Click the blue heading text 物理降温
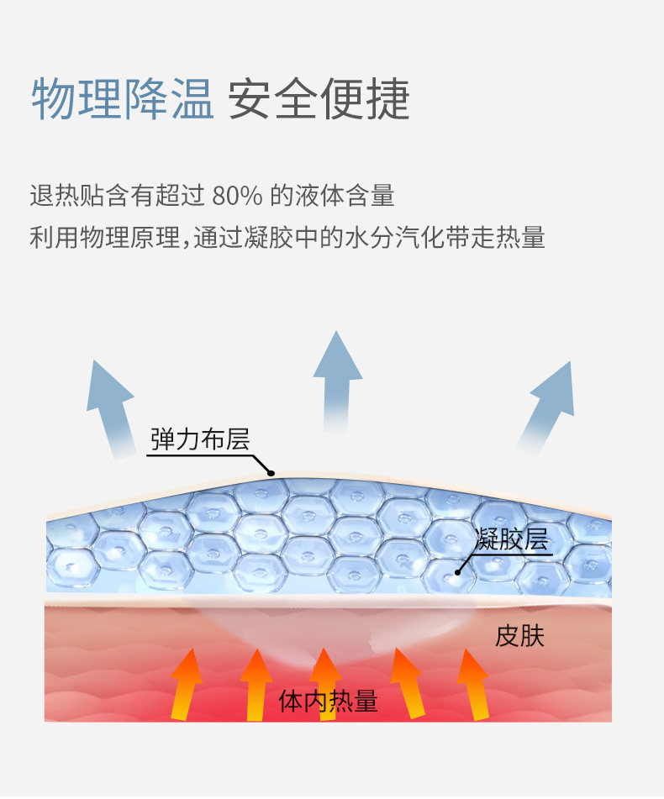click(x=123, y=99)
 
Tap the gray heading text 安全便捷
click(x=319, y=99)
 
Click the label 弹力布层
click(x=200, y=439)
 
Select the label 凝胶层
click(x=512, y=539)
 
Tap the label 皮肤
click(x=519, y=636)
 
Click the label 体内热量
click(x=329, y=702)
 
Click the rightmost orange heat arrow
click(x=474, y=683)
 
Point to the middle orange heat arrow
click(x=324, y=681)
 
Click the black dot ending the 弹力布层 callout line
click(x=271, y=473)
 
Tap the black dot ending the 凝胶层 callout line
click(x=458, y=571)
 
